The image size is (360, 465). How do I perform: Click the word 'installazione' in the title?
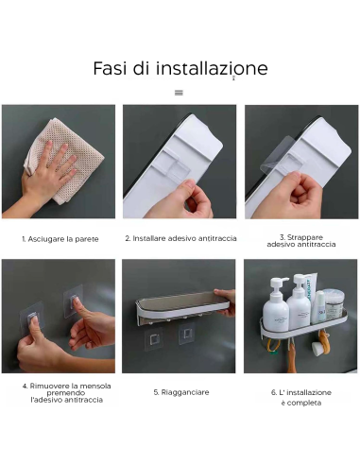[x=212, y=69]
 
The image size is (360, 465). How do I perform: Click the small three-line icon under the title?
[x=179, y=93]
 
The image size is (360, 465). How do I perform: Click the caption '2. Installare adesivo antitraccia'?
[x=180, y=238]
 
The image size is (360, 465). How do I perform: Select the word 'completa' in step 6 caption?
[x=300, y=403]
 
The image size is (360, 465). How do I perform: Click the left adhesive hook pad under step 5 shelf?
[x=152, y=339]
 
